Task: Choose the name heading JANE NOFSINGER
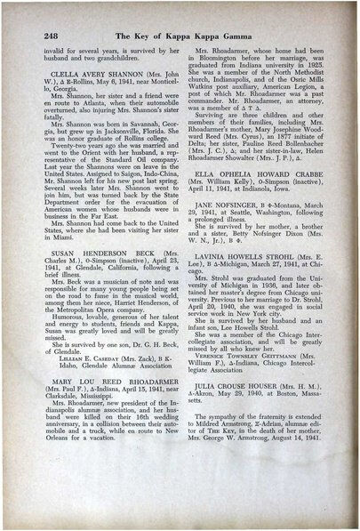click(240, 278)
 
